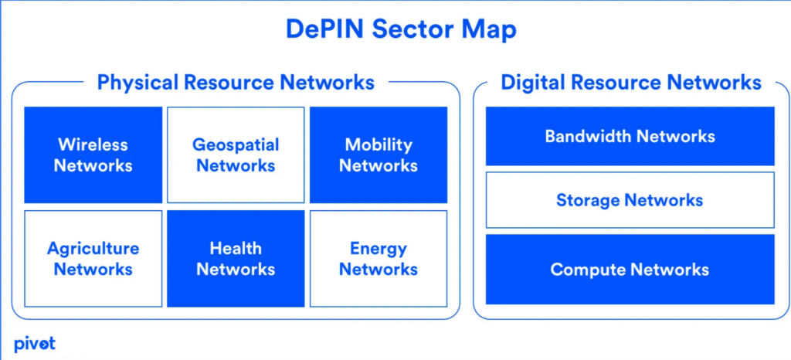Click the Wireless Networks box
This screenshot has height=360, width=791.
[x=93, y=155]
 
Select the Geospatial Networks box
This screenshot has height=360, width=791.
[x=236, y=155]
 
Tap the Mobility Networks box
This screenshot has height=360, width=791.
[x=379, y=155]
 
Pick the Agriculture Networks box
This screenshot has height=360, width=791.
[x=93, y=259]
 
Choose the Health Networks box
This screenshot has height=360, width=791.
[x=236, y=259]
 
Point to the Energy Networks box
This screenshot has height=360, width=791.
[x=379, y=259]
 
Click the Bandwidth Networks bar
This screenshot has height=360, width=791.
[x=630, y=136]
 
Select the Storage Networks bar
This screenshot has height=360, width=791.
[x=630, y=200]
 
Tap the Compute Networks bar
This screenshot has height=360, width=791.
[x=630, y=270]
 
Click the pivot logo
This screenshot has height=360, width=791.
[x=34, y=345]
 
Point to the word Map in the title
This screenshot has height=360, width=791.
[x=488, y=30]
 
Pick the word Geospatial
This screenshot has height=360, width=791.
[x=236, y=146]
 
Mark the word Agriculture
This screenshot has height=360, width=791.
[x=93, y=249]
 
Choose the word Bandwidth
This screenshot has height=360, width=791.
[x=588, y=136]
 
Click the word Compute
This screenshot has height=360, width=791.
[x=588, y=270]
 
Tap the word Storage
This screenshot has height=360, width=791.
[x=588, y=201]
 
